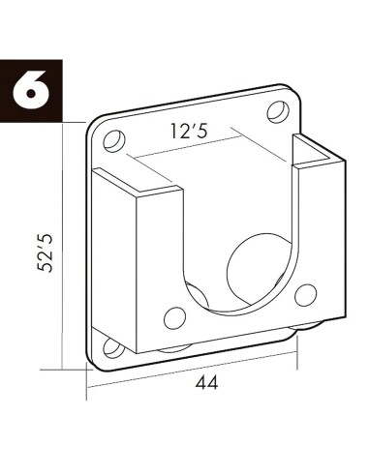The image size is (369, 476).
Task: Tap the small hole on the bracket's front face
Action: [x=175, y=316]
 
